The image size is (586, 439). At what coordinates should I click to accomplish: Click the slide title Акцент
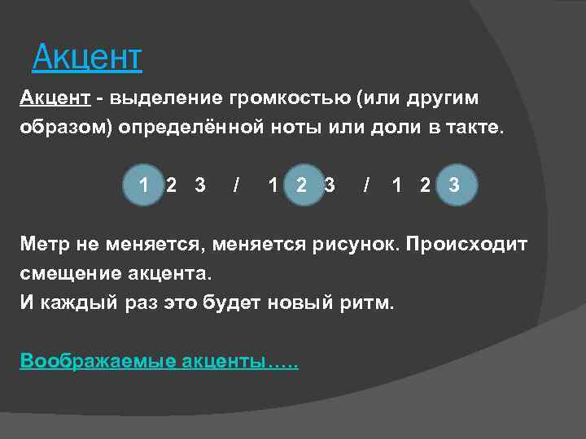tap(86, 57)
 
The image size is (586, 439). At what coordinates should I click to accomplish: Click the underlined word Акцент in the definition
tap(55, 98)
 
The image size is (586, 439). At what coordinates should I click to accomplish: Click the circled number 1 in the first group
tap(143, 185)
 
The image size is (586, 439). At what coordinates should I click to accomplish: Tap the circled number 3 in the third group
tap(454, 185)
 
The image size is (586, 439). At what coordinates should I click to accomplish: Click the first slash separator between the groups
tap(236, 185)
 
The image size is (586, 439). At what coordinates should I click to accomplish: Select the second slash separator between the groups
tap(368, 185)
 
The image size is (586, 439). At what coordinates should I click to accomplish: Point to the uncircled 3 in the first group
tap(200, 185)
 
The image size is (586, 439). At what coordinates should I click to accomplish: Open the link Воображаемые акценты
tap(159, 361)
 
